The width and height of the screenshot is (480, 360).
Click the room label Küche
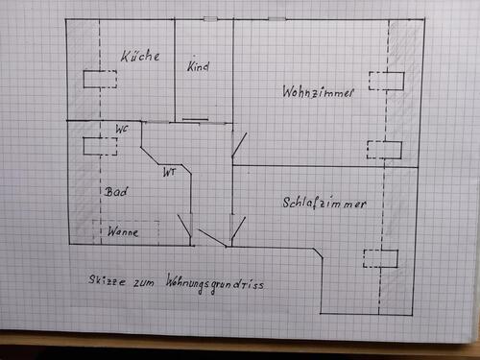pos(140,58)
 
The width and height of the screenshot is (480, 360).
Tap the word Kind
pos(199,67)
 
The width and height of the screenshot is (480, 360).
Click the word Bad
pos(117,191)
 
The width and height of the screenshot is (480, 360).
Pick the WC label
pos(122,129)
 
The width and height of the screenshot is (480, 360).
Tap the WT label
pos(169,173)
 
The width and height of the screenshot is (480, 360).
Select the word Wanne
pos(123,232)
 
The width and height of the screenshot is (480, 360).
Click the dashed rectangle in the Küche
pos(100,79)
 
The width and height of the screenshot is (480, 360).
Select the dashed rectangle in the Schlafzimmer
pos(380,257)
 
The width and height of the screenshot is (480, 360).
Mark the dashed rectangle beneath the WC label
pos(99,146)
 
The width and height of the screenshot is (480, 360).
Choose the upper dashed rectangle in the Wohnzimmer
pos(386,80)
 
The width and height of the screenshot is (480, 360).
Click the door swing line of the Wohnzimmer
pos(239,147)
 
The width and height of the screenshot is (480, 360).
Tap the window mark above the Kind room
pos(210,19)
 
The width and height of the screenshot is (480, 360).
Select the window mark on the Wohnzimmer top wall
pos(276,19)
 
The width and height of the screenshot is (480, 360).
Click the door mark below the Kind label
pos(196,119)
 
